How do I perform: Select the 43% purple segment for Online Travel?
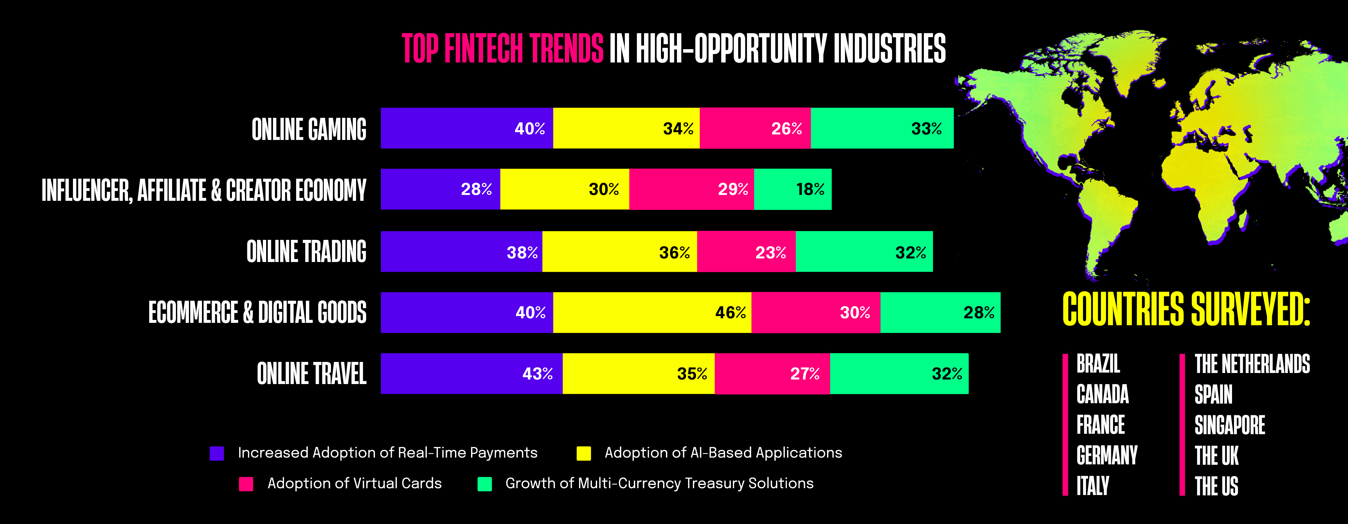(x=471, y=373)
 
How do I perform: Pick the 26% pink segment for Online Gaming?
(x=755, y=128)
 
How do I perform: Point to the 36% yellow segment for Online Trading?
(x=620, y=252)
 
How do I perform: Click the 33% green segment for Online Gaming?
(x=882, y=128)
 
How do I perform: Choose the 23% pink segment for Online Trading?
(x=746, y=252)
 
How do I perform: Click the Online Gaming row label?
(x=309, y=129)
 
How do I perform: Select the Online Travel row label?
(x=311, y=373)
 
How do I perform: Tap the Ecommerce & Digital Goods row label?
(x=257, y=312)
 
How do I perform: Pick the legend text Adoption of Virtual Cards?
(x=354, y=483)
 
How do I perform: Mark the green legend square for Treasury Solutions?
(x=484, y=484)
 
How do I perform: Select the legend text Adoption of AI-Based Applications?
(x=723, y=453)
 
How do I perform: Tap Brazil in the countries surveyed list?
(x=1098, y=364)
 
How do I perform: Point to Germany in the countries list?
(x=1107, y=455)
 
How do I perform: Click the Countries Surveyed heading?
(x=1186, y=309)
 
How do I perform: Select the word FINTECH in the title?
(x=483, y=48)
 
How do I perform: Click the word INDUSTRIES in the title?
(x=890, y=48)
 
